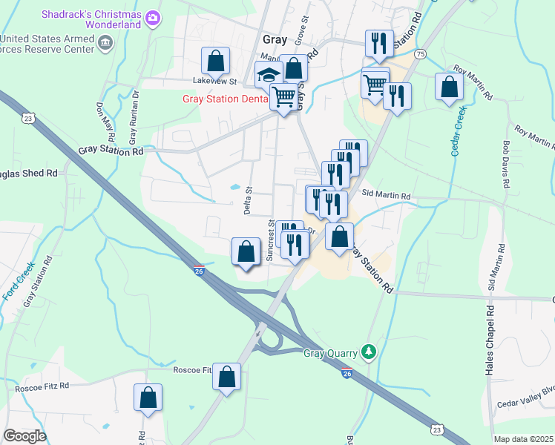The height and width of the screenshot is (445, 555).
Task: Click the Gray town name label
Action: point(275,40)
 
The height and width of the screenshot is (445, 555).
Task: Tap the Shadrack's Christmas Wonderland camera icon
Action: point(153,16)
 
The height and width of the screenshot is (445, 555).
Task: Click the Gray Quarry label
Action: point(331,353)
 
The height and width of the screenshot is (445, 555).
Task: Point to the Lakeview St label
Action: point(214,81)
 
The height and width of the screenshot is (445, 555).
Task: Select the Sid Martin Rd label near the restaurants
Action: point(387,196)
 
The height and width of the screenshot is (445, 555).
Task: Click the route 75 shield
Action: point(421,54)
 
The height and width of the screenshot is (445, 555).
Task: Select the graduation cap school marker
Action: point(268,75)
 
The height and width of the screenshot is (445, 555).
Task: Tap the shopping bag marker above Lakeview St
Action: point(215,60)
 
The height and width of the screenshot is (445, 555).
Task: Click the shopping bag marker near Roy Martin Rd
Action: point(450,87)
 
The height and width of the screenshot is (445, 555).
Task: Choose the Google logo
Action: point(24,436)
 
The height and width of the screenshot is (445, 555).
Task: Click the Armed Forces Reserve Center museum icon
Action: point(105,44)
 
